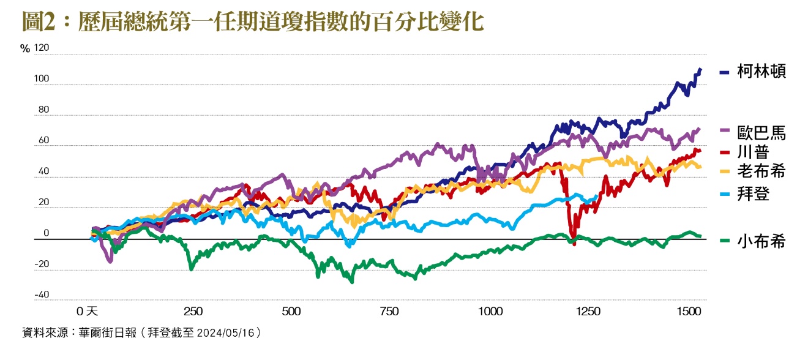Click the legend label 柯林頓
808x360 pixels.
(762, 72)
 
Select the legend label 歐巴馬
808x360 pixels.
(762, 132)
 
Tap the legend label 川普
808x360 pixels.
(754, 152)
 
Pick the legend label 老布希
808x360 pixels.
(762, 171)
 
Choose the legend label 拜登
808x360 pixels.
(754, 194)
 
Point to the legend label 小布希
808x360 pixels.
(762, 242)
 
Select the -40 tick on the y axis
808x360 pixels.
(42, 294)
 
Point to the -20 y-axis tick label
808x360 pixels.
(42, 264)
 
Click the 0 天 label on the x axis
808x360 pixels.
(87, 311)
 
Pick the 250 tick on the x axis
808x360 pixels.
(193, 311)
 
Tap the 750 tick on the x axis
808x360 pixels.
(389, 311)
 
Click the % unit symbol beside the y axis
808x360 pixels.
(24, 49)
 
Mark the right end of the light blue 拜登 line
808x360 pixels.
(596, 197)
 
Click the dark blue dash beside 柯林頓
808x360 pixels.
(726, 72)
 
